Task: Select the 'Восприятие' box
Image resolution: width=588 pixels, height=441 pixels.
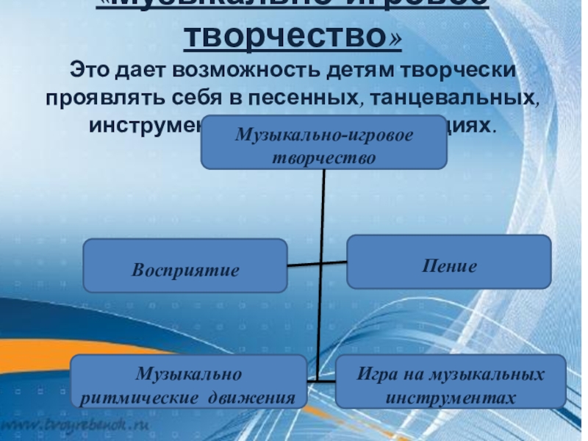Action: point(185,265)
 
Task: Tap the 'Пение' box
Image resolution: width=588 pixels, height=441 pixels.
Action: point(449,262)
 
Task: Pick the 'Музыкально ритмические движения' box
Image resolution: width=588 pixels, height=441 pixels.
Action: point(188,381)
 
